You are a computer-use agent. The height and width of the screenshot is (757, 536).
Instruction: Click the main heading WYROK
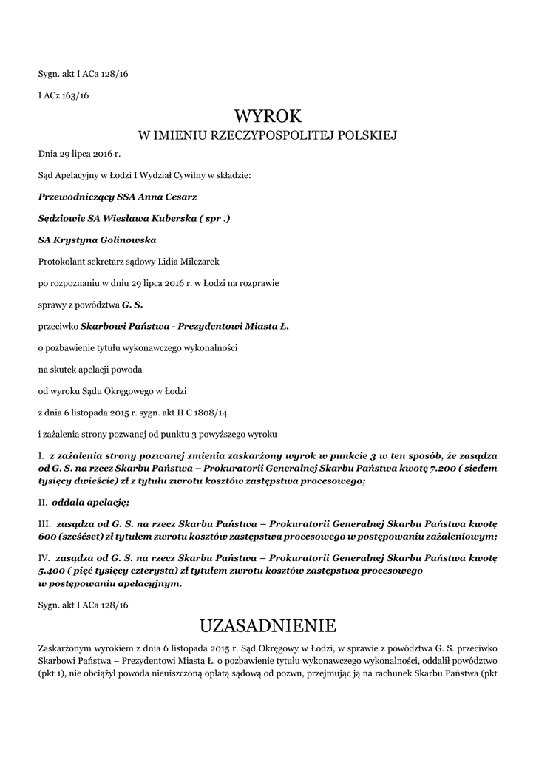[x=268, y=117]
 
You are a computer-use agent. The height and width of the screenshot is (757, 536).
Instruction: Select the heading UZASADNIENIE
[x=268, y=626]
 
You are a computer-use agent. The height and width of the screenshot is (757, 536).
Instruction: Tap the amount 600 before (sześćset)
[x=48, y=537]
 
